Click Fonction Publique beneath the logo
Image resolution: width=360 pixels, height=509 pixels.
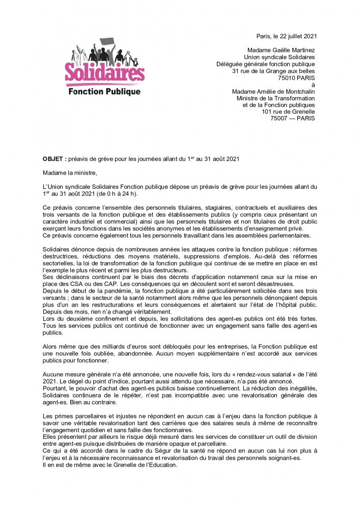point(104,92)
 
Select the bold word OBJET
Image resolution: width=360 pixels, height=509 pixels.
point(52,159)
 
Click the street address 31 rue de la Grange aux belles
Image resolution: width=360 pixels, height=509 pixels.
point(273,71)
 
